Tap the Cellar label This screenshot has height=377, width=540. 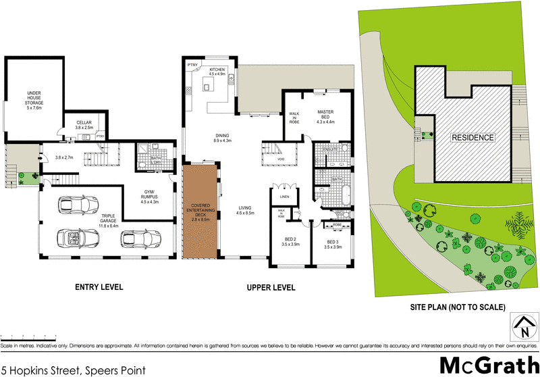(x=84, y=124)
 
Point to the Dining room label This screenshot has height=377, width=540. (x=223, y=138)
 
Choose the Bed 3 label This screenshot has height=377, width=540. (x=335, y=245)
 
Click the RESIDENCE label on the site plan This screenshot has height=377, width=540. (x=473, y=137)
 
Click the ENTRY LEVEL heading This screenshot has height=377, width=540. (x=99, y=287)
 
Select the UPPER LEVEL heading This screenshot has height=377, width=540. (x=271, y=287)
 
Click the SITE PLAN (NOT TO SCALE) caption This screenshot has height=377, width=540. (x=458, y=307)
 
